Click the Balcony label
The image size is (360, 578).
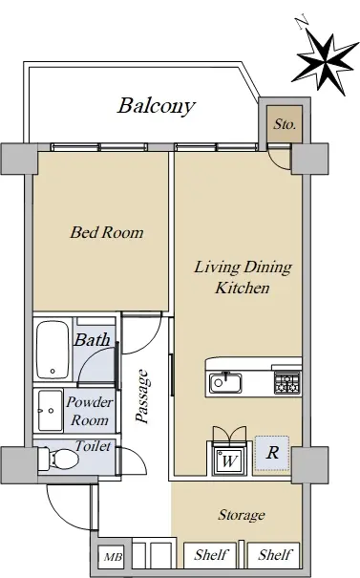(x=157, y=106)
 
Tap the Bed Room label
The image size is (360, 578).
(x=107, y=232)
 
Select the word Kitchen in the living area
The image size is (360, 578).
(x=243, y=288)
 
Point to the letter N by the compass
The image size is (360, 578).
(x=304, y=21)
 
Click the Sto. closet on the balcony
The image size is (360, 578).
(x=285, y=124)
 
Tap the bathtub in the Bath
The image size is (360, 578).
(x=53, y=350)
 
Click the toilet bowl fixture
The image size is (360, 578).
(x=59, y=459)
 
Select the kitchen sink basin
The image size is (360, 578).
(x=225, y=383)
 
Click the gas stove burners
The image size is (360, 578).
(x=287, y=383)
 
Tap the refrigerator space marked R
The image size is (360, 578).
(x=272, y=453)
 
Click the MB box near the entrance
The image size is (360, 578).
(x=113, y=556)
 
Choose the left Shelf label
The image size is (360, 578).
(x=211, y=554)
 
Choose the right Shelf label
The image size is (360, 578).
(x=275, y=554)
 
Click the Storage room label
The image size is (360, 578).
(x=242, y=515)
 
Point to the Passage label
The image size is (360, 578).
(x=142, y=396)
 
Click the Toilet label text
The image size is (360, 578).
(x=93, y=446)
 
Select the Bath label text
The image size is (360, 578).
(x=92, y=339)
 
